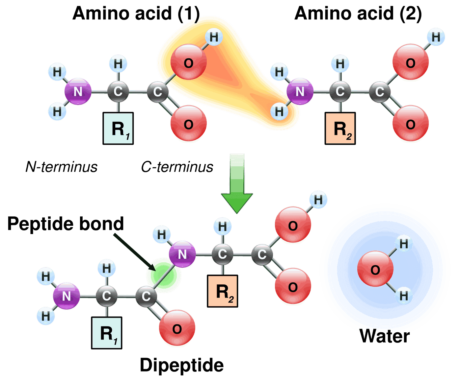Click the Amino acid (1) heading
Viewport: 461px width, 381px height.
(136, 14)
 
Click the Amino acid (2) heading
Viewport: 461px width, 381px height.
(358, 14)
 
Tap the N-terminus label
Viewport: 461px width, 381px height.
(61, 167)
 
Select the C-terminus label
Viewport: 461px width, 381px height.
(177, 167)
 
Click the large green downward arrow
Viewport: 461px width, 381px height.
(237, 183)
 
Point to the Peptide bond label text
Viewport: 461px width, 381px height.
(65, 224)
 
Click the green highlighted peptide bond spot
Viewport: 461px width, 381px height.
(164, 275)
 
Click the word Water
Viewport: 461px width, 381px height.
(384, 336)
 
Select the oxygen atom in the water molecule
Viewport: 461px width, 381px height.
(375, 269)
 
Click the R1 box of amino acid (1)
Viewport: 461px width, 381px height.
(118, 128)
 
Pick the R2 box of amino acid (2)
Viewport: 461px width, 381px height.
(340, 128)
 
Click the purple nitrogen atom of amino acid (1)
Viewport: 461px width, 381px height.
(78, 91)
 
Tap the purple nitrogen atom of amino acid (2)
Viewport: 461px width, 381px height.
(300, 91)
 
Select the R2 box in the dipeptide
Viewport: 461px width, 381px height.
(223, 291)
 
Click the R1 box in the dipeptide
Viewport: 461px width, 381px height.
(107, 333)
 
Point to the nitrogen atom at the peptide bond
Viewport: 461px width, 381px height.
(182, 254)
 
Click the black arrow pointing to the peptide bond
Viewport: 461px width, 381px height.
(135, 252)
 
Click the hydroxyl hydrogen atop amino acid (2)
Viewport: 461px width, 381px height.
(436, 37)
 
